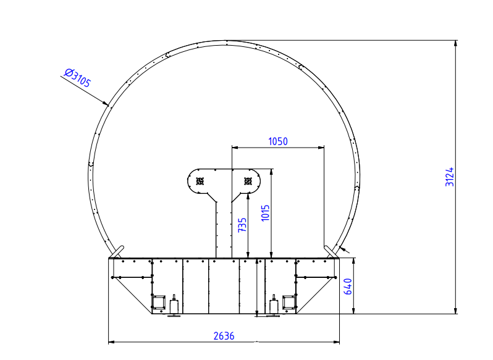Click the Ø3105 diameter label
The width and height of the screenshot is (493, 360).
[x=77, y=78]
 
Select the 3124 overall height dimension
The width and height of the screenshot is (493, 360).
[x=450, y=177]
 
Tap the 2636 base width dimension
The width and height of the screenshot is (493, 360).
[x=224, y=336]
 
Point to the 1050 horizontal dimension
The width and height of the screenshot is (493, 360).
[x=278, y=141]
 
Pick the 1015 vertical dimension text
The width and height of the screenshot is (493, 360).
[x=266, y=213]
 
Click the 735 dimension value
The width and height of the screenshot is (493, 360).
[x=242, y=225]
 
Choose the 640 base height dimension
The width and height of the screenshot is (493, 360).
[x=348, y=287]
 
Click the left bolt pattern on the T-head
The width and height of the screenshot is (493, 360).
[x=200, y=182]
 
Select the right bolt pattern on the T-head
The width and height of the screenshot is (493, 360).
[x=248, y=182]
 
